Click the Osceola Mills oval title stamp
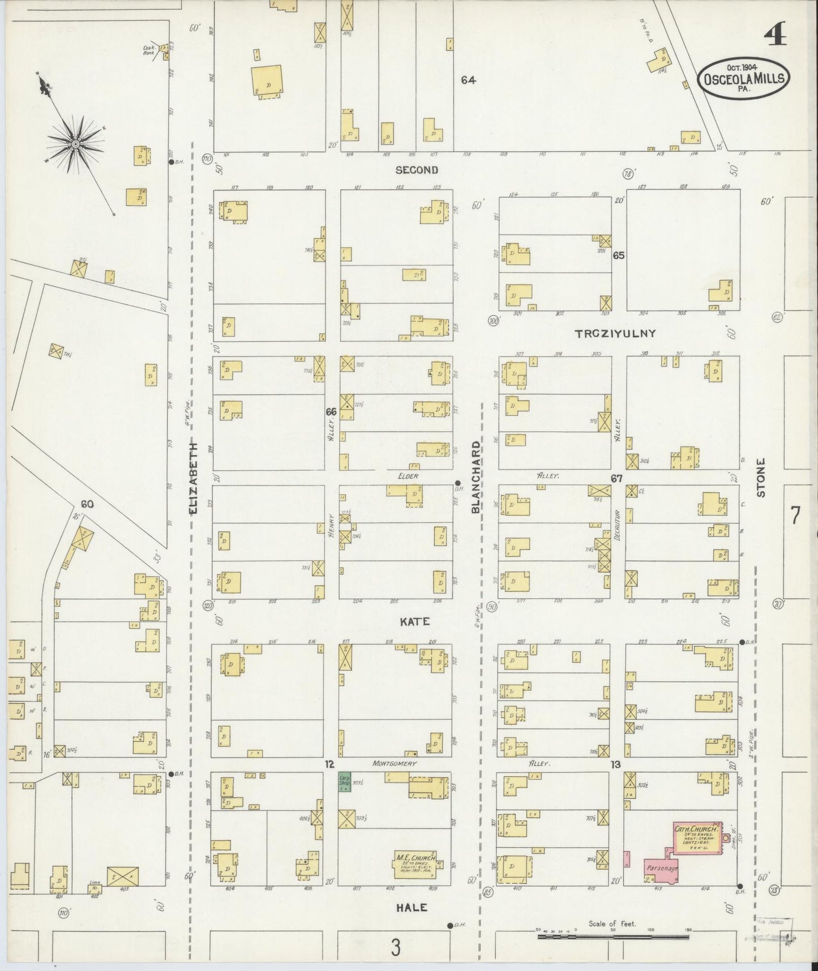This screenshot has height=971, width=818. (744, 79)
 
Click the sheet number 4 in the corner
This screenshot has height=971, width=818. (775, 36)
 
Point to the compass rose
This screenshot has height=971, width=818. (75, 145)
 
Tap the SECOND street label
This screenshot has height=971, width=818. (417, 170)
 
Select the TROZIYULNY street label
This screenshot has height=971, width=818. (615, 334)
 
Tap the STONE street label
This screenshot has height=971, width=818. (761, 478)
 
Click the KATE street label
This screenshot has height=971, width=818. (415, 622)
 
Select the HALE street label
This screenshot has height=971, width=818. (412, 908)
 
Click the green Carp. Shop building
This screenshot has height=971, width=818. (344, 782)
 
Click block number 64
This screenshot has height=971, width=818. (468, 80)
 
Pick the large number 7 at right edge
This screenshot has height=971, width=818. (795, 516)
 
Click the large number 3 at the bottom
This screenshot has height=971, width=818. (395, 947)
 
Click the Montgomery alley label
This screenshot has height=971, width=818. (395, 764)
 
